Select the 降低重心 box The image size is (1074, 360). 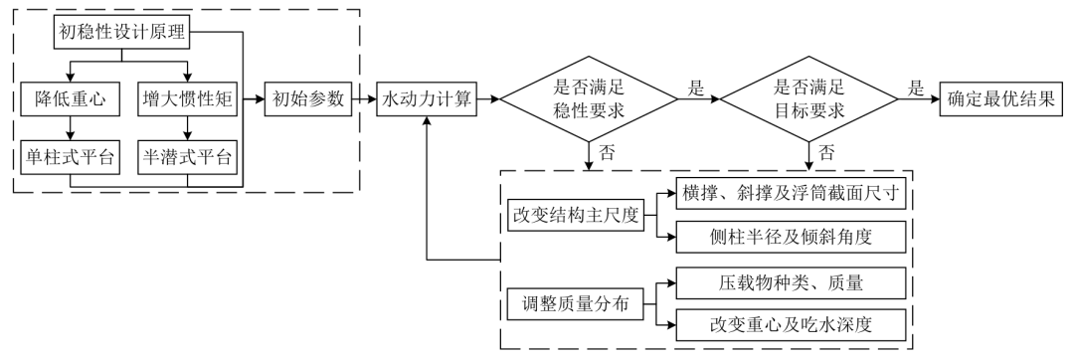(70, 99)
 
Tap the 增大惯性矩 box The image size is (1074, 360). (185, 99)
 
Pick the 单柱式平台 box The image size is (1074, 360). (70, 159)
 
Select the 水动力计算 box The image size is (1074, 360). (427, 99)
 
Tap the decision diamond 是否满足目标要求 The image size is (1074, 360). (807, 99)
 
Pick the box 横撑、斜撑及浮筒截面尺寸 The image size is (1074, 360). (787, 194)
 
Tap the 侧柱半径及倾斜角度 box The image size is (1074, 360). (787, 237)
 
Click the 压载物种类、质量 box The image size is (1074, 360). (787, 282)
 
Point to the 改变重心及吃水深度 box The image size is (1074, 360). (787, 325)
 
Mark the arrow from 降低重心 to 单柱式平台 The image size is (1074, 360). (70, 129)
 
